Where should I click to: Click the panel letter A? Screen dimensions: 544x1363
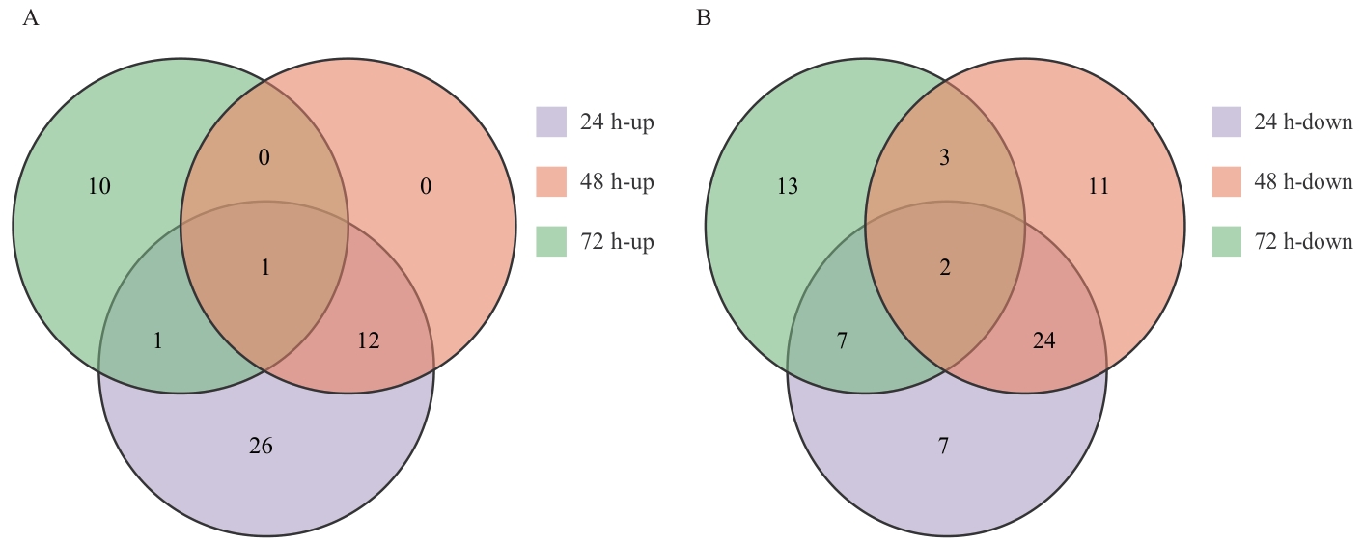(x=30, y=18)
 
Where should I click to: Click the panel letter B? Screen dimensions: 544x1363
(x=704, y=18)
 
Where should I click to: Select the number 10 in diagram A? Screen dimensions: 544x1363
(x=99, y=187)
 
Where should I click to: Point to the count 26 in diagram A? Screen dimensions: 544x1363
(x=262, y=446)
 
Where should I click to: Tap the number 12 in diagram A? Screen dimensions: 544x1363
(x=368, y=340)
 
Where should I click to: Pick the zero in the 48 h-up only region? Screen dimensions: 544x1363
(x=425, y=187)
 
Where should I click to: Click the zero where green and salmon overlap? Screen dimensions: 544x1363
(x=264, y=158)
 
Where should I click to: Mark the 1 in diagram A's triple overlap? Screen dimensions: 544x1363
(x=265, y=268)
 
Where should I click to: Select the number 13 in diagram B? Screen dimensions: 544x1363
(x=788, y=187)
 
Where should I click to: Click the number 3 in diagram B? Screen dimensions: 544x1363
(x=945, y=158)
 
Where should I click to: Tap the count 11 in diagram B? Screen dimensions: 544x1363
(x=1099, y=187)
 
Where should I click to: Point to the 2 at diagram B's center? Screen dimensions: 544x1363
(x=945, y=268)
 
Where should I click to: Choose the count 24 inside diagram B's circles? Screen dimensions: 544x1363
(x=1043, y=340)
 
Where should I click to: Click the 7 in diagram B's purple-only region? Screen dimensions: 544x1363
(x=943, y=446)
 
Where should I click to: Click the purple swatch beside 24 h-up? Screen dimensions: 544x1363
(x=550, y=122)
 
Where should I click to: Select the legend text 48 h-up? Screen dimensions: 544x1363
(x=616, y=182)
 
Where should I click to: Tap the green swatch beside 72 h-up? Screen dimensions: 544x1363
(x=550, y=242)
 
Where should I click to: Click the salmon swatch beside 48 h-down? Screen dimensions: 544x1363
(x=1226, y=182)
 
